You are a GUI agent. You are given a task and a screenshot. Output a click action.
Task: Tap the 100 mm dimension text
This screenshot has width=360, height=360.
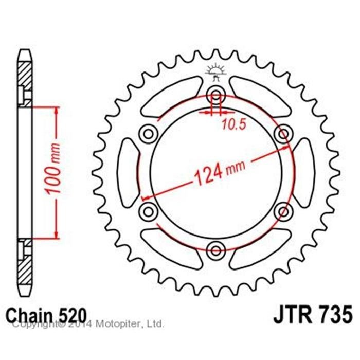[x=53, y=169]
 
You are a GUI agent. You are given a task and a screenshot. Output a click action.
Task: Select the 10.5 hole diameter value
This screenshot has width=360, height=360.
[x=234, y=124]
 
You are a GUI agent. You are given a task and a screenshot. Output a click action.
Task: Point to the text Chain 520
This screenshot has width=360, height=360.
[x=46, y=315]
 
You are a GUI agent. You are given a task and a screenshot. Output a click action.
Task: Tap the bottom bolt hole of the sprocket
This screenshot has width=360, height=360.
[x=215, y=251]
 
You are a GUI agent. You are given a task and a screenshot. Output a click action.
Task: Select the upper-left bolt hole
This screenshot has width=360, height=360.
[x=148, y=134]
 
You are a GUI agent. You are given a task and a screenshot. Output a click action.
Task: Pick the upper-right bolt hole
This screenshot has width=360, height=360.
[x=283, y=134]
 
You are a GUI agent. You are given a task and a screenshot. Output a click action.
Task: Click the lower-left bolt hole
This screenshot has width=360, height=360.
[x=148, y=211]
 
